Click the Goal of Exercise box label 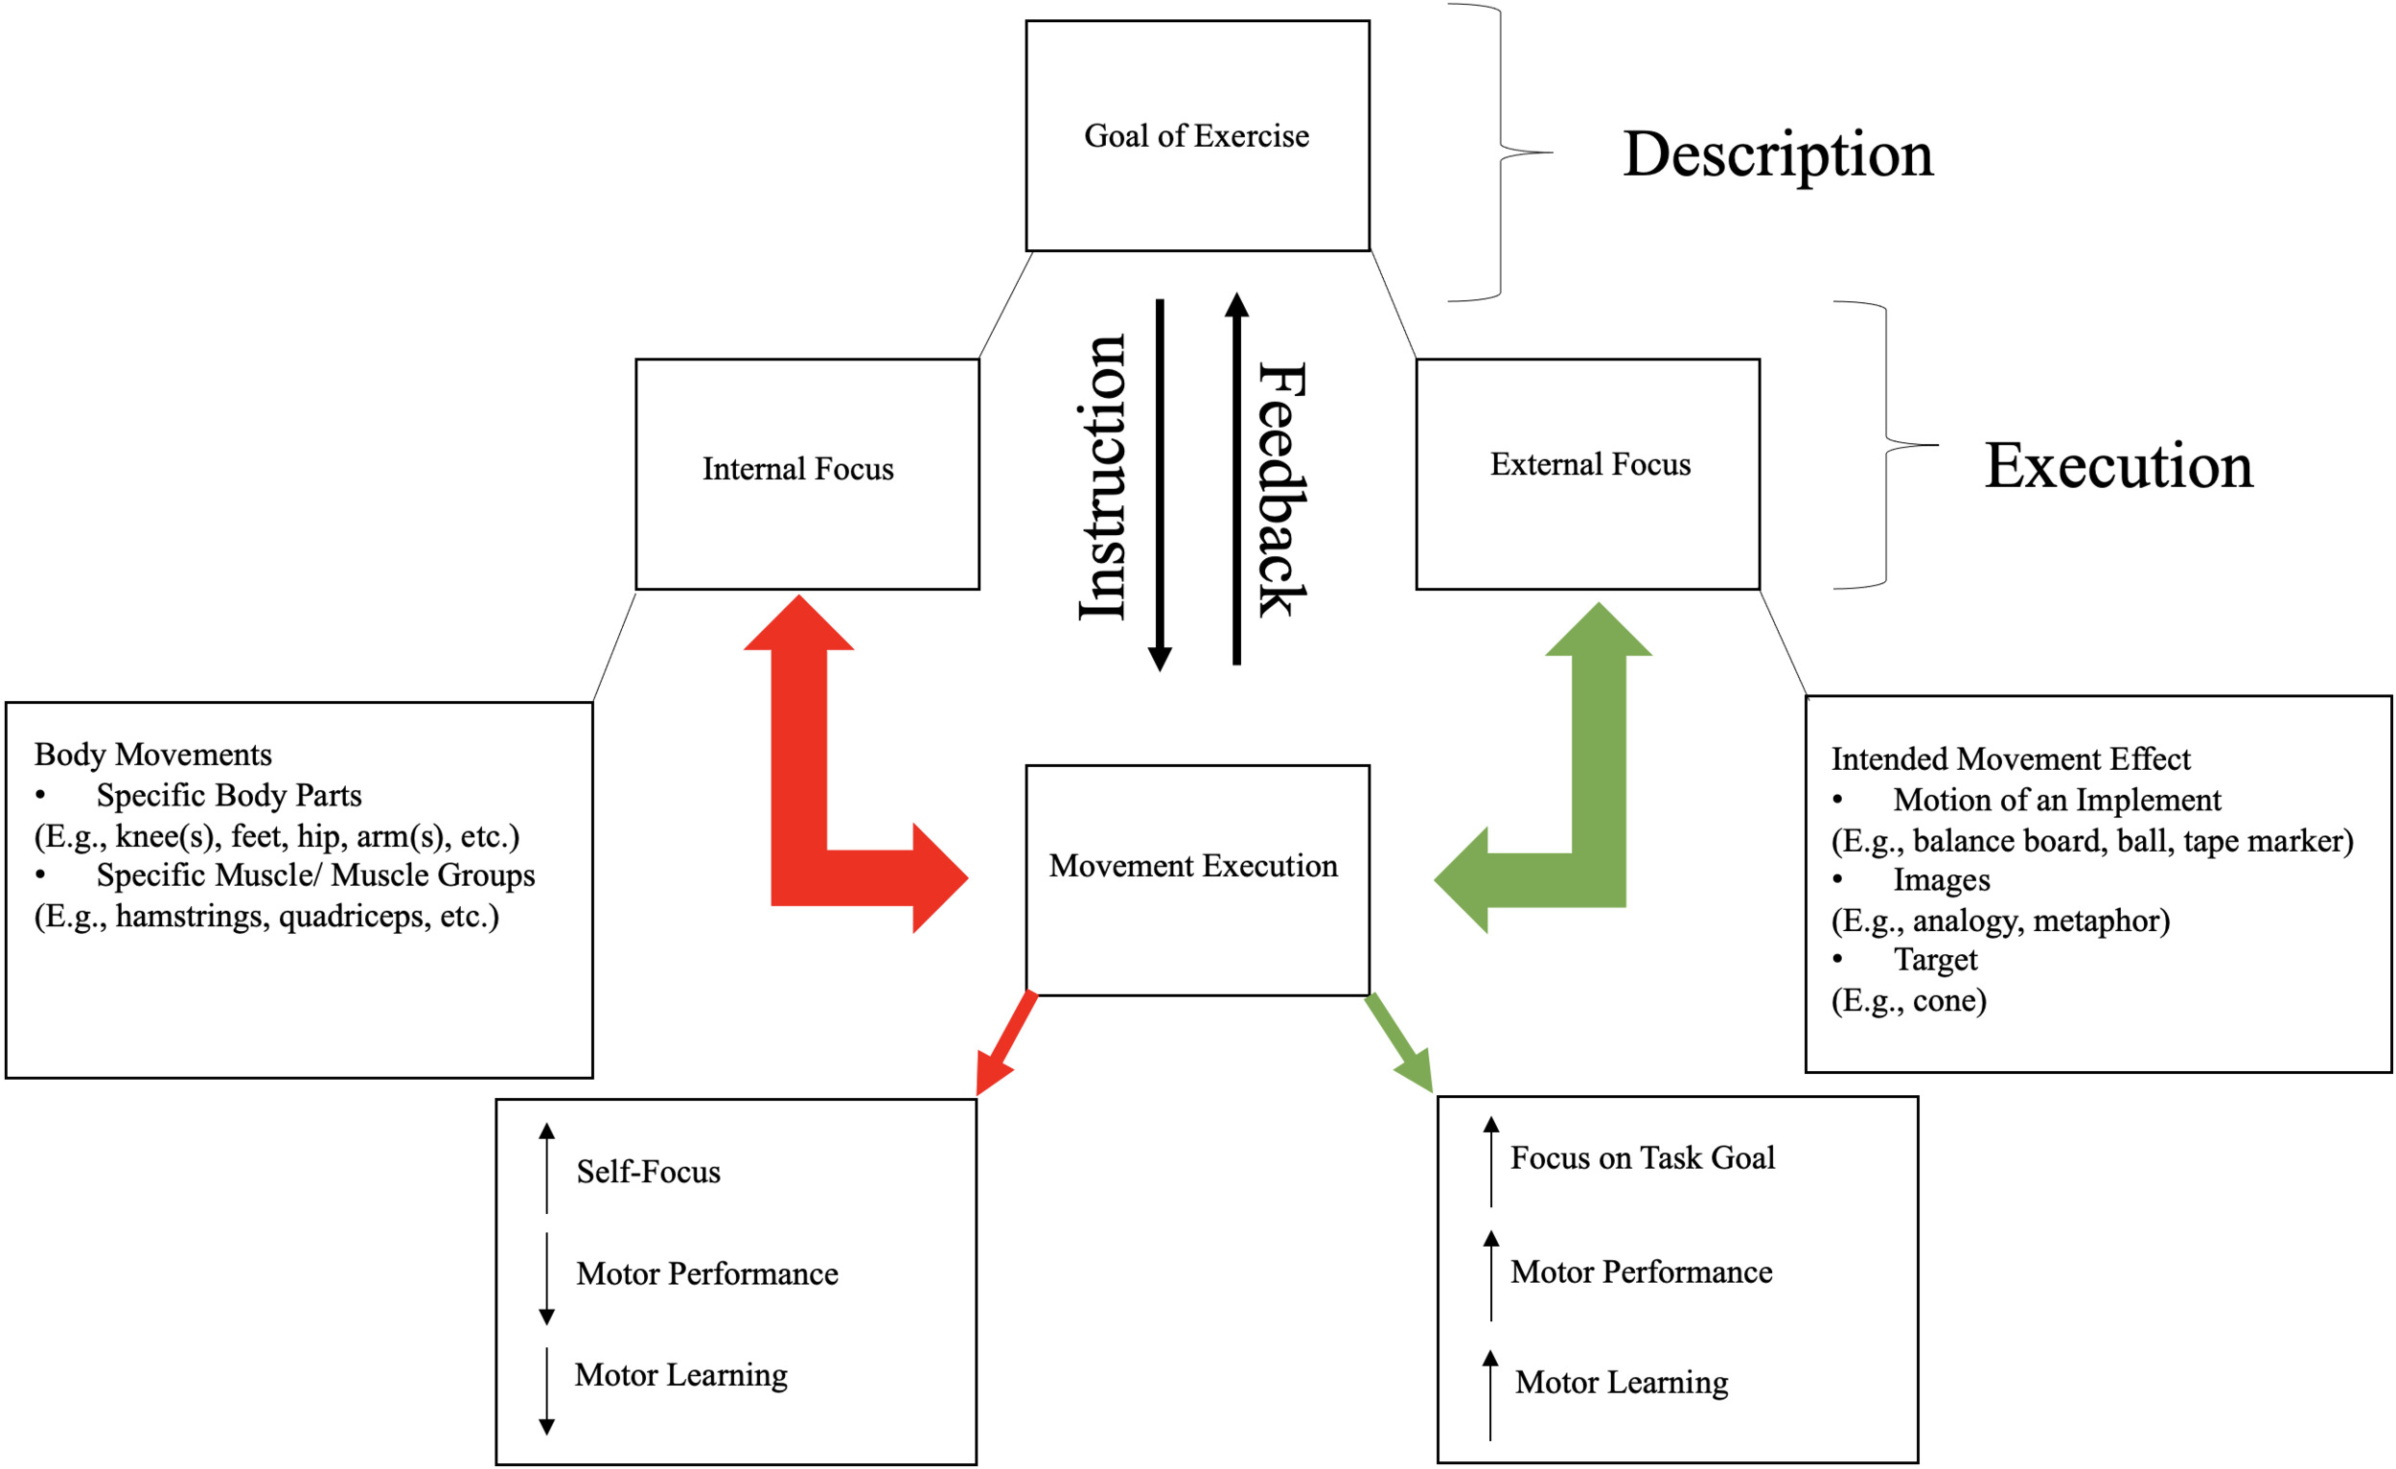[x=1196, y=136]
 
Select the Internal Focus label [x=797, y=469]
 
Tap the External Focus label [x=1590, y=464]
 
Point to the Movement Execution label [x=1193, y=865]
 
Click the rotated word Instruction [x=1104, y=477]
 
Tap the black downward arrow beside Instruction [x=1159, y=486]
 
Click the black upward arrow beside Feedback [x=1236, y=477]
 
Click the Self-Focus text [x=648, y=1172]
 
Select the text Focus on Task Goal [x=1642, y=1157]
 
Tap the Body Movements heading [x=152, y=755]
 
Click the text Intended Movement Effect [x=2010, y=758]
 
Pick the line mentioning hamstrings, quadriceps [x=266, y=917]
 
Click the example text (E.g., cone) [x=1908, y=1000]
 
